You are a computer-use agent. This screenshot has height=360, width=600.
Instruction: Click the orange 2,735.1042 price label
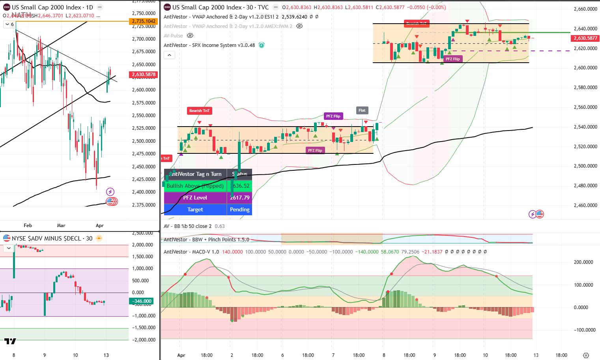coord(144,21)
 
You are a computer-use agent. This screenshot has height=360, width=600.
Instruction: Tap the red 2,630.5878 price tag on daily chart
coord(144,75)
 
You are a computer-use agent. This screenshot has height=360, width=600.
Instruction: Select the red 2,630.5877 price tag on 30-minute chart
coord(585,38)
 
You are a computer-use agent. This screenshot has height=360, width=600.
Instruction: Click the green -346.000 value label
coord(142,301)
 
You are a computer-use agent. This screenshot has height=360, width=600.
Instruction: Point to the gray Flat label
coord(362,110)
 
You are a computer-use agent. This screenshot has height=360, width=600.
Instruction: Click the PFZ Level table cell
coord(195,198)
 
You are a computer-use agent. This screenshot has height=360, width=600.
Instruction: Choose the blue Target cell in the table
coord(195,209)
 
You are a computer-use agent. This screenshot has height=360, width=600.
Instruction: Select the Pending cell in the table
coord(239,209)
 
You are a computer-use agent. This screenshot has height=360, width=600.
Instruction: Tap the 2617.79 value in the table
coord(239,198)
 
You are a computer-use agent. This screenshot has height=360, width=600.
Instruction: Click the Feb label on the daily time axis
coord(28,226)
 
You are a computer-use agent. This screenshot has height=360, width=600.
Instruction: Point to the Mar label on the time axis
coord(61,226)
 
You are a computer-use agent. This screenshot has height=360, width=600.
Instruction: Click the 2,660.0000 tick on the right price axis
coord(585,9)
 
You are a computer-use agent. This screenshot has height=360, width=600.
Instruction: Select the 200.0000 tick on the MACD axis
coord(583,262)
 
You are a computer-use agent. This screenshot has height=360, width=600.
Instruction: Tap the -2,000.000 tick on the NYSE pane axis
coord(144,340)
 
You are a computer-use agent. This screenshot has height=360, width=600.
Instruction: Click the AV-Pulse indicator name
coord(173,35)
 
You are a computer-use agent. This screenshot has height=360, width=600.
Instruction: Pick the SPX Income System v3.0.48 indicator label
coord(209,45)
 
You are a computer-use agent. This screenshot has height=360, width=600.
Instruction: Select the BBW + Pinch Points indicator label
coord(206,239)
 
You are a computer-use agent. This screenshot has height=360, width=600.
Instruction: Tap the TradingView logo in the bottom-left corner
coord(10,341)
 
